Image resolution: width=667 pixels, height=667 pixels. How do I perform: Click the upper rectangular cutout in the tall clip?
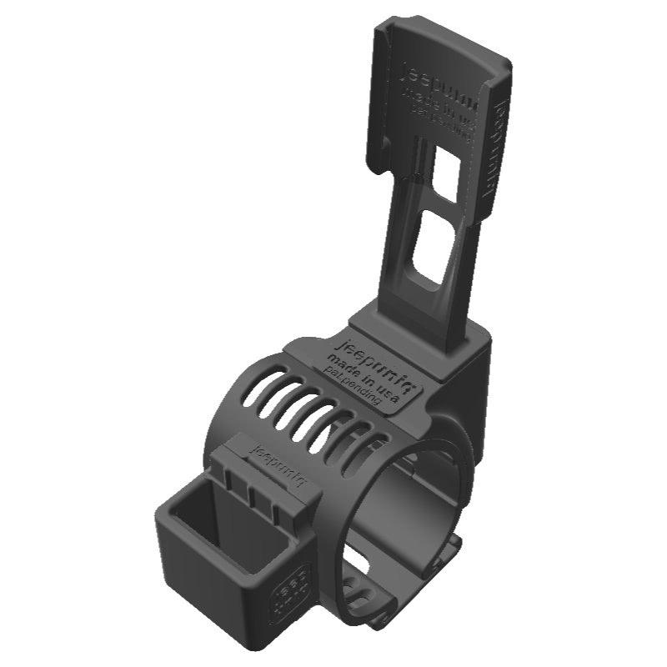click(x=446, y=172)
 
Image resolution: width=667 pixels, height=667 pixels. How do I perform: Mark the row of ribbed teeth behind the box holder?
click(x=250, y=488)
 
